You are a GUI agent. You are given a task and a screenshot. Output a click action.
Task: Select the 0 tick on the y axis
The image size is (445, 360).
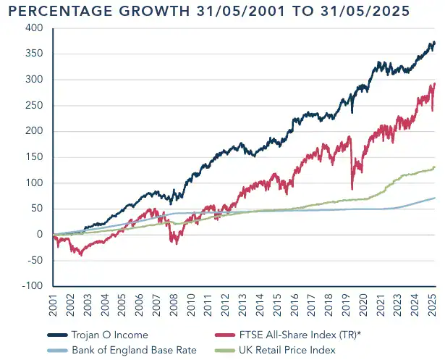(x=40, y=235)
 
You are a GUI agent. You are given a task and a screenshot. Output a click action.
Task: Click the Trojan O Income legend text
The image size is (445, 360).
(x=109, y=335)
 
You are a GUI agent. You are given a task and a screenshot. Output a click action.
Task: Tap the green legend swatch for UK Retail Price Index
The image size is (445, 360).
(x=231, y=350)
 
